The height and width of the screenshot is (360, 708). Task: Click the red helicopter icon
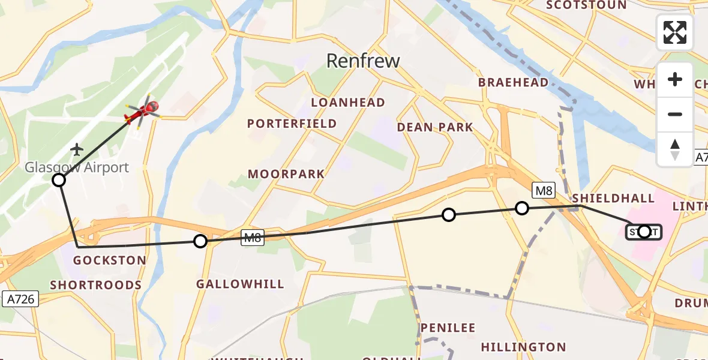(x=142, y=112)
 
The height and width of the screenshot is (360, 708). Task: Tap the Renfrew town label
(x=362, y=61)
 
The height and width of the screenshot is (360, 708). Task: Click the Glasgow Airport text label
(x=77, y=167)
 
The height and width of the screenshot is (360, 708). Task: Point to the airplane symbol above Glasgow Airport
(x=77, y=148)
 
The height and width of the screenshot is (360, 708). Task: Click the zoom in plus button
(x=675, y=80)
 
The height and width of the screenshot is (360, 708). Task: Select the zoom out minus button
(x=675, y=114)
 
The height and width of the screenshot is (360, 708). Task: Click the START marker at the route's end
(x=644, y=232)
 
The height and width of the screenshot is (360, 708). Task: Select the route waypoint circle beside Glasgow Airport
(x=59, y=180)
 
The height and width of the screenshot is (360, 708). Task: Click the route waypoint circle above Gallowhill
(x=200, y=241)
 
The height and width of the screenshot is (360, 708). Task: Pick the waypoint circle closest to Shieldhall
(x=522, y=208)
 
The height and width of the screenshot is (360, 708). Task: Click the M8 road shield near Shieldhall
(x=543, y=191)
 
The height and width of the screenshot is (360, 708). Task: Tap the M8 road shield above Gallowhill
(x=253, y=238)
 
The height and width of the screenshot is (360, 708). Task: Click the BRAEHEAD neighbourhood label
(x=513, y=83)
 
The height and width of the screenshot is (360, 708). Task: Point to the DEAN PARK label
(x=434, y=127)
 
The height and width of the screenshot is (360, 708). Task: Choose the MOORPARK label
(x=286, y=175)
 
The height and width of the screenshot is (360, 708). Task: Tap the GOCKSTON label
(x=109, y=260)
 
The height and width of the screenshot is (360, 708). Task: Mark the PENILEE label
(x=448, y=328)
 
